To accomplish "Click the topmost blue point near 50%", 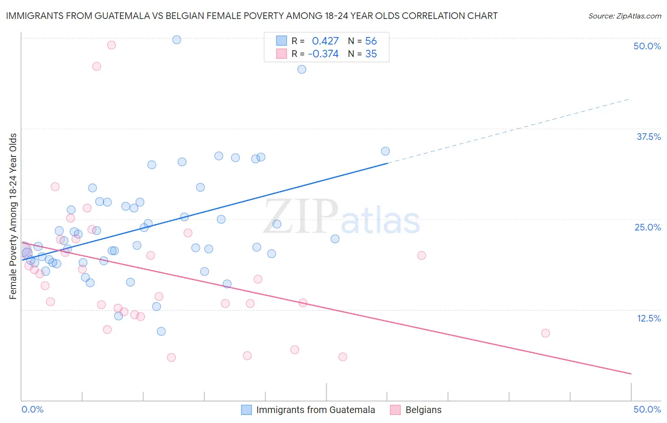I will pyautogui.click(x=176, y=40).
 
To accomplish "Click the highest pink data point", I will pyautogui.click(x=111, y=45).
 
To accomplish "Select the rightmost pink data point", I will pyautogui.click(x=546, y=333).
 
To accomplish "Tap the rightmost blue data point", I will pyautogui.click(x=385, y=151).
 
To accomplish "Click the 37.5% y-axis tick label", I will pyautogui.click(x=648, y=137).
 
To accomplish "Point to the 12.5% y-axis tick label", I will pyautogui.click(x=648, y=318).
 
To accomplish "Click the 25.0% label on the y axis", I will pyautogui.click(x=648, y=227).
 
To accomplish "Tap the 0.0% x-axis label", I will pyautogui.click(x=32, y=409).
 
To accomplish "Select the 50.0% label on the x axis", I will pyautogui.click(x=647, y=409).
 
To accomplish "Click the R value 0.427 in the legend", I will pyautogui.click(x=325, y=41).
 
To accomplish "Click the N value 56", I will pyautogui.click(x=371, y=41).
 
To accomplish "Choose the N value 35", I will pyautogui.click(x=371, y=54).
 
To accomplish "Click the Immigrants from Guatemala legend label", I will pyautogui.click(x=315, y=410).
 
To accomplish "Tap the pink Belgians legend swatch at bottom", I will pyautogui.click(x=395, y=410).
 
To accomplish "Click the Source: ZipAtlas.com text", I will pyautogui.click(x=624, y=16).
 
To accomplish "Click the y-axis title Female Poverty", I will pyautogui.click(x=13, y=216).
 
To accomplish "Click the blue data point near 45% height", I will pyautogui.click(x=302, y=69).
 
